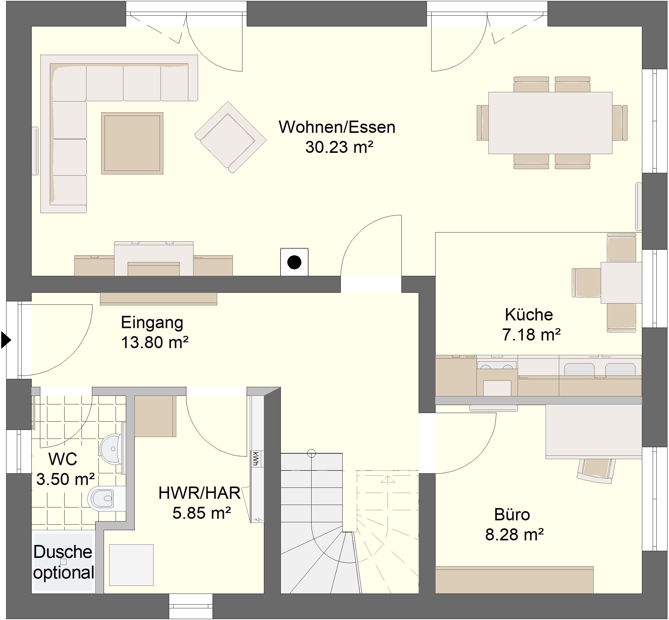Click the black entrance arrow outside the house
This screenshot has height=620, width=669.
point(6,340)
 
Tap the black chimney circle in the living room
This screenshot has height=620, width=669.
point(294,262)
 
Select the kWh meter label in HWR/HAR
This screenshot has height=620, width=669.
point(256,459)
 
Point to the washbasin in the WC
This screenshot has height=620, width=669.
point(111,449)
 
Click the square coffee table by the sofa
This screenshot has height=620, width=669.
point(132,143)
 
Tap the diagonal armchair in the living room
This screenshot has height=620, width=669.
point(230,137)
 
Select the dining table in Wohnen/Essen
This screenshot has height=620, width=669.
point(550,123)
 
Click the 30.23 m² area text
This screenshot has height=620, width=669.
point(339,147)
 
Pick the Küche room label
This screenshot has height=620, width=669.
point(529,315)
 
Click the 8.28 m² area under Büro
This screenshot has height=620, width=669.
point(514,535)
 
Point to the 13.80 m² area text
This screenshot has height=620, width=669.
point(155,343)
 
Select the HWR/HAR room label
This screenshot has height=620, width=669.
point(200,493)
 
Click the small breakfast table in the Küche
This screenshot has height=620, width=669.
point(621,283)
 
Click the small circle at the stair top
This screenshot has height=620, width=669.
point(311,454)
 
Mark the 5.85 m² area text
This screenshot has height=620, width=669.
point(202,513)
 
